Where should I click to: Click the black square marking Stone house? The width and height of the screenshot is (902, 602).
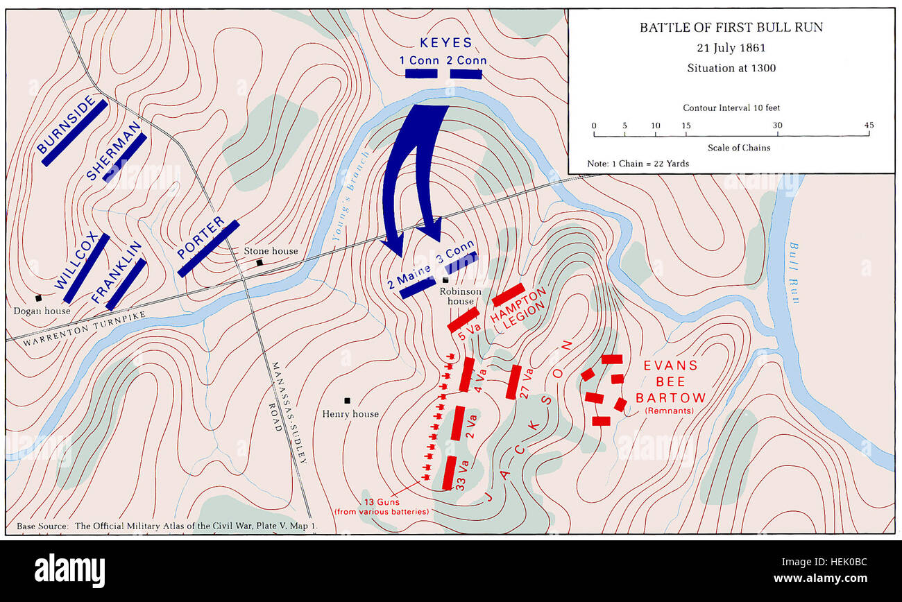pyautogui.click(x=259, y=263)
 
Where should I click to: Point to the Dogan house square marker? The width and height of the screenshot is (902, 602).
pyautogui.click(x=39, y=298)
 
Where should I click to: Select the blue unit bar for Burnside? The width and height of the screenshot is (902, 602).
pyautogui.click(x=75, y=132)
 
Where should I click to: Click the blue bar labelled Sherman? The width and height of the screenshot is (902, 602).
pyautogui.click(x=125, y=157)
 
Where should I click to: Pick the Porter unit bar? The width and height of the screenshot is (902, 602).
pyautogui.click(x=208, y=248)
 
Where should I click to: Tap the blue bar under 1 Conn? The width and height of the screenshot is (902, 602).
pyautogui.click(x=421, y=74)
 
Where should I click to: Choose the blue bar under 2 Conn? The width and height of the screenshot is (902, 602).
pyautogui.click(x=466, y=74)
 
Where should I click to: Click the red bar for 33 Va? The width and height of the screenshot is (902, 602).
pyautogui.click(x=450, y=473)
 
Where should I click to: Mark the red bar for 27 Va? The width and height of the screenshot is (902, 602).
pyautogui.click(x=514, y=382)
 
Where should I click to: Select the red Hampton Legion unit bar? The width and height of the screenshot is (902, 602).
pyautogui.click(x=508, y=295)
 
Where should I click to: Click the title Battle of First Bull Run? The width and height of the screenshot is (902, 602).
pyautogui.click(x=731, y=28)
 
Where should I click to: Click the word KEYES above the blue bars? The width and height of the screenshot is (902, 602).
pyautogui.click(x=445, y=43)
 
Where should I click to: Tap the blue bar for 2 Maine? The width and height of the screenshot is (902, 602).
pyautogui.click(x=418, y=288)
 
